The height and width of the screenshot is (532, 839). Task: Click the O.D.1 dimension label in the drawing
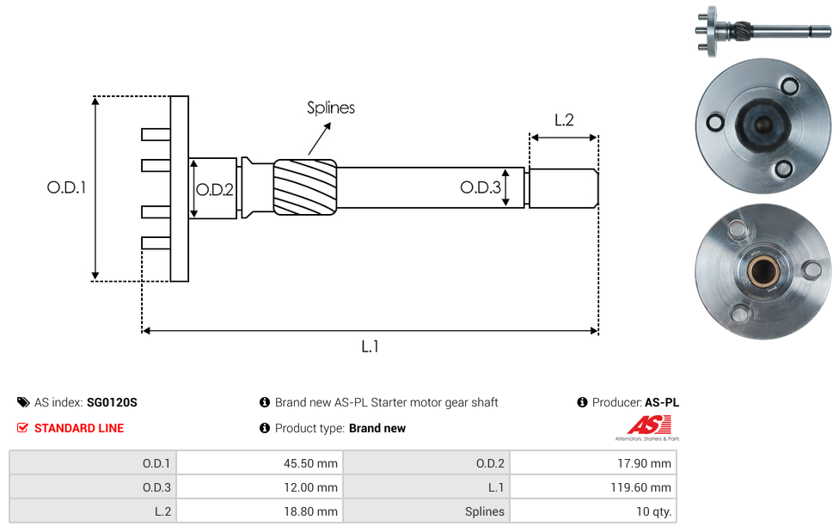66,187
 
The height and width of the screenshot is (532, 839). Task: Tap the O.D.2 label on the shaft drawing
215,190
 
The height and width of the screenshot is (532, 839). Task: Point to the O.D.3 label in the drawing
480,187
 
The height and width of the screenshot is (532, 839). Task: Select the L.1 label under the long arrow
370,346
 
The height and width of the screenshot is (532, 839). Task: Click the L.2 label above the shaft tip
564,120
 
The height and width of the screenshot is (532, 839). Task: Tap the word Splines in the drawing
331,107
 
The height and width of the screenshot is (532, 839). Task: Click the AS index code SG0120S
112,402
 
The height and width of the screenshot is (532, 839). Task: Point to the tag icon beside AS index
23,402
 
